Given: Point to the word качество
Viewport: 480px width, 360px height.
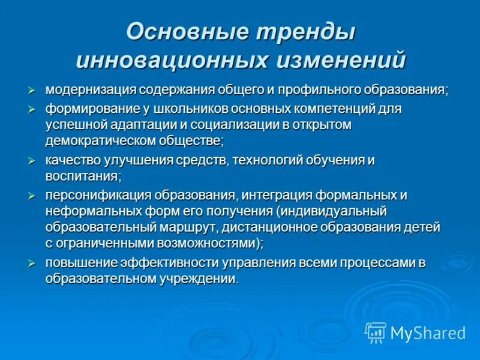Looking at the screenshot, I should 71,161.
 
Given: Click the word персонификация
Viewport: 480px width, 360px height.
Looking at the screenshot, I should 98,196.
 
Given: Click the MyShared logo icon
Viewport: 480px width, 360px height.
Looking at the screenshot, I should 376,332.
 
